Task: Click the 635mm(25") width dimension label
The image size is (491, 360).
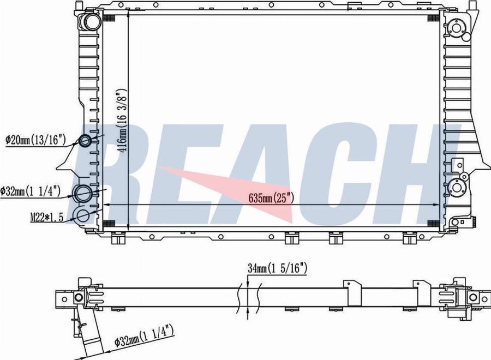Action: (271, 198)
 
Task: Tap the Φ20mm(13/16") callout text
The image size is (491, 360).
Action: (35, 139)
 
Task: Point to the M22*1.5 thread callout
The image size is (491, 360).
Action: (47, 217)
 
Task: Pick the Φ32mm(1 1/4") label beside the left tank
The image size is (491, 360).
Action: (31, 191)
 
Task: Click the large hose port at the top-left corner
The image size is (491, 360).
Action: (92, 22)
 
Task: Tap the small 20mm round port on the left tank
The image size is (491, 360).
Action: (85, 140)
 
